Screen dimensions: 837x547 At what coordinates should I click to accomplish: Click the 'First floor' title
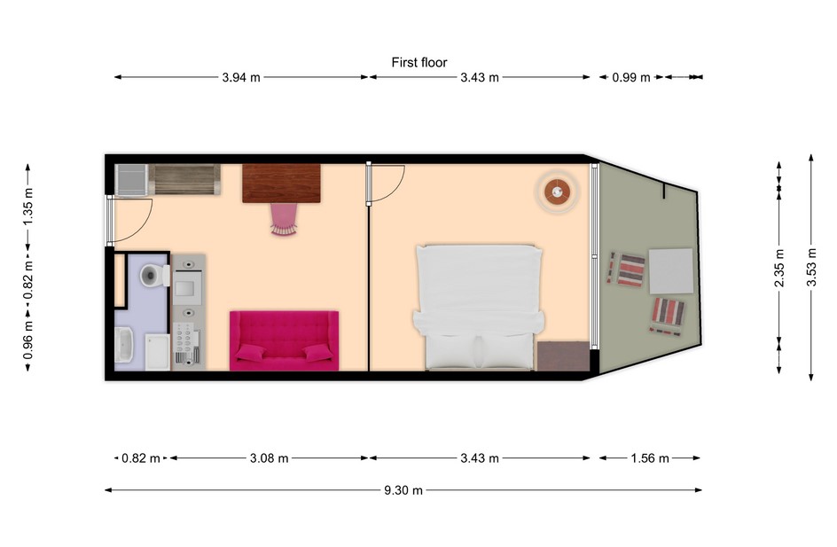click(419, 62)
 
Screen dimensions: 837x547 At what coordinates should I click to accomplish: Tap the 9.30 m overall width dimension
click(403, 490)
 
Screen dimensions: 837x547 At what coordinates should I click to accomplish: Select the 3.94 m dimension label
click(241, 77)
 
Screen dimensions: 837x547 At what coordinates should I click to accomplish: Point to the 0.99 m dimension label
click(631, 77)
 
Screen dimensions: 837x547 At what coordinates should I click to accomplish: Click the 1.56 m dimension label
click(650, 457)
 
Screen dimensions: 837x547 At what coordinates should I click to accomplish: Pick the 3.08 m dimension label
click(269, 457)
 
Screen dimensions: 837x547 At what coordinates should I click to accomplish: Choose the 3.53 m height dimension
click(811, 267)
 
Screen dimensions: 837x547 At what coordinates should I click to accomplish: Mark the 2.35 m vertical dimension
click(779, 267)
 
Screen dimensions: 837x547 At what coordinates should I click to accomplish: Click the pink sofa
click(284, 340)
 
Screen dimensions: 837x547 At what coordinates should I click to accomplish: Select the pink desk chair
click(284, 219)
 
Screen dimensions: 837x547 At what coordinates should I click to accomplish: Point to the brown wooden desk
click(281, 183)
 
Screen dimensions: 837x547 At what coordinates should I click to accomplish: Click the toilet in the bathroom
click(154, 276)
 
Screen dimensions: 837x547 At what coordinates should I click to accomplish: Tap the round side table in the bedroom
click(558, 191)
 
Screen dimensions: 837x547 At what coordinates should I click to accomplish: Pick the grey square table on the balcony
click(671, 270)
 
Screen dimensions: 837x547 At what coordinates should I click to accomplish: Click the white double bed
click(479, 307)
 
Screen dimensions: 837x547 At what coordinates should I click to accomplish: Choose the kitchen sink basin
click(184, 287)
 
